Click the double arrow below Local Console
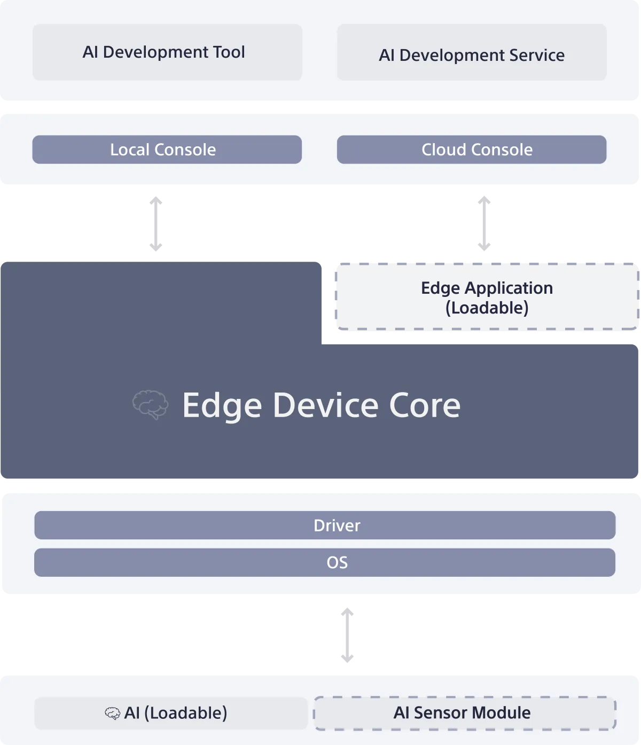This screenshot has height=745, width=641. (x=155, y=223)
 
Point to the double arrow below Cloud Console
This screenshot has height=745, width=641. (x=483, y=223)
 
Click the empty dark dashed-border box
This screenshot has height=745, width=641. (x=486, y=296)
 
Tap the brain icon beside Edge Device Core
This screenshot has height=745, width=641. (x=150, y=404)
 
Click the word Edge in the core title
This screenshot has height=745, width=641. (x=222, y=406)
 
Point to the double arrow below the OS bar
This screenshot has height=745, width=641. (x=347, y=636)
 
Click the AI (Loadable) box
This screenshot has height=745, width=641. (x=171, y=713)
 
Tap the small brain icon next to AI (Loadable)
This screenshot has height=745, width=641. (x=112, y=713)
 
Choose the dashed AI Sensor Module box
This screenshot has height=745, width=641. (x=465, y=713)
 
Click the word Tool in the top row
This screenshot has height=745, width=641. (x=229, y=52)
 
